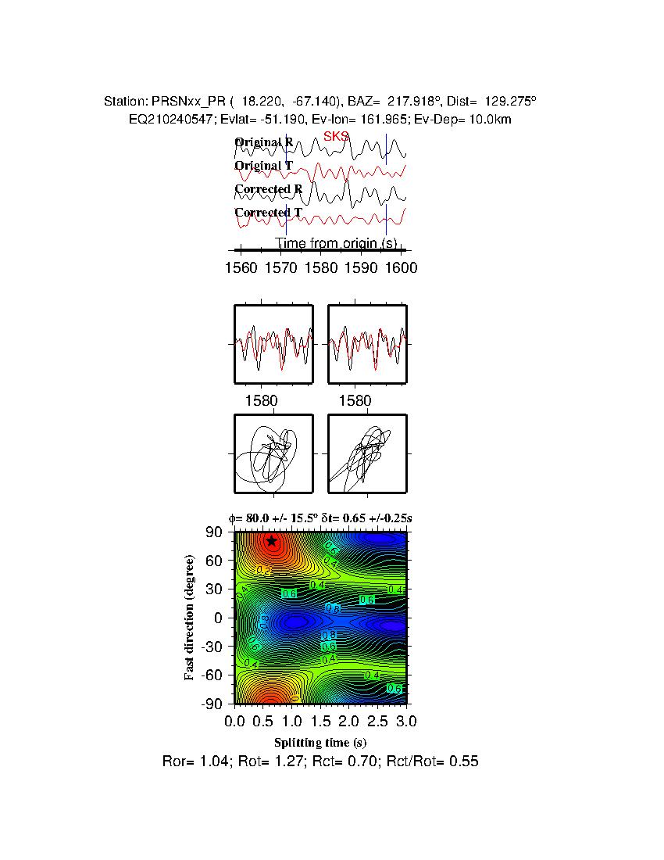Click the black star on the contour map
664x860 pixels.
(x=271, y=541)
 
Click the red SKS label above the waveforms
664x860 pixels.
(x=336, y=136)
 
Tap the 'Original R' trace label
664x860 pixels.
(x=264, y=142)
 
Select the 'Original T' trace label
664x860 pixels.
(x=264, y=166)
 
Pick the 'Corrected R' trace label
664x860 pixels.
(x=268, y=189)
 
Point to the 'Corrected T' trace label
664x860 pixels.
(x=268, y=213)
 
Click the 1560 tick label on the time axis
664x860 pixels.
(x=241, y=267)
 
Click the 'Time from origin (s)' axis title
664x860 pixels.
(x=335, y=244)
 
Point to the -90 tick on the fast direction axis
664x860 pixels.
(x=212, y=704)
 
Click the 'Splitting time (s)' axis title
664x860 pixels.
(x=320, y=742)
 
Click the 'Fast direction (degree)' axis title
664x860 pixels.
(x=190, y=618)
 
